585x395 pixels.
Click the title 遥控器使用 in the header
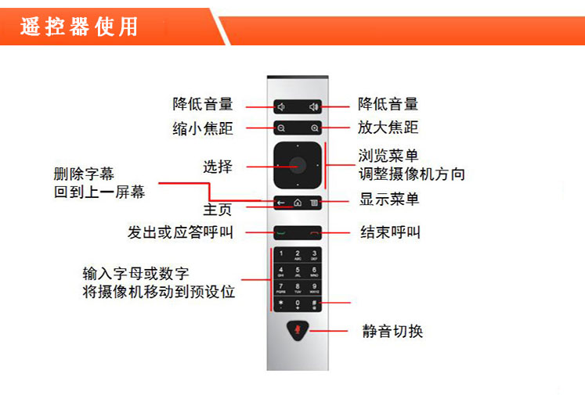pyautogui.click(x=79, y=27)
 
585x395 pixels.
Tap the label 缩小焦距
pyautogui.click(x=203, y=128)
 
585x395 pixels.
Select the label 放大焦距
pyautogui.click(x=388, y=127)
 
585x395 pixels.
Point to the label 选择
pyautogui.click(x=218, y=167)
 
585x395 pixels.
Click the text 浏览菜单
pyautogui.click(x=388, y=156)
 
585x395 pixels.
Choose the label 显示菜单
pyautogui.click(x=389, y=199)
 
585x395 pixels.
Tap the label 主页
pyautogui.click(x=218, y=210)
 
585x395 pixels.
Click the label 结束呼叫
pyautogui.click(x=390, y=232)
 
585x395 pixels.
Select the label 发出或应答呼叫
pyautogui.click(x=181, y=232)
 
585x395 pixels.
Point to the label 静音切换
pyautogui.click(x=392, y=331)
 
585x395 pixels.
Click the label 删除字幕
pyautogui.click(x=84, y=174)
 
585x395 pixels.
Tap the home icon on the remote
pyautogui.click(x=298, y=203)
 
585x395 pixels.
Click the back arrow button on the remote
pyautogui.click(x=281, y=203)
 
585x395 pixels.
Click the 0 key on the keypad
pyautogui.click(x=298, y=304)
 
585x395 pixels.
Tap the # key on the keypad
pyautogui.click(x=314, y=304)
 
